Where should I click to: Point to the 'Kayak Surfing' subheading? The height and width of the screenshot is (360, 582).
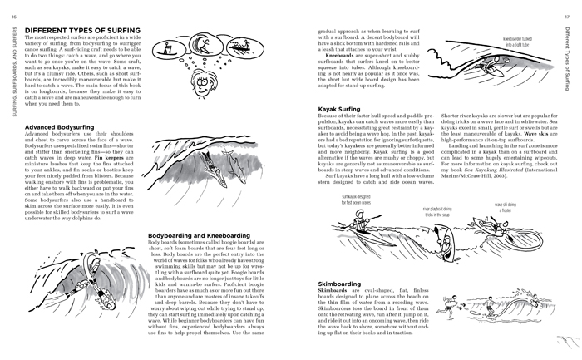click(340, 132)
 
